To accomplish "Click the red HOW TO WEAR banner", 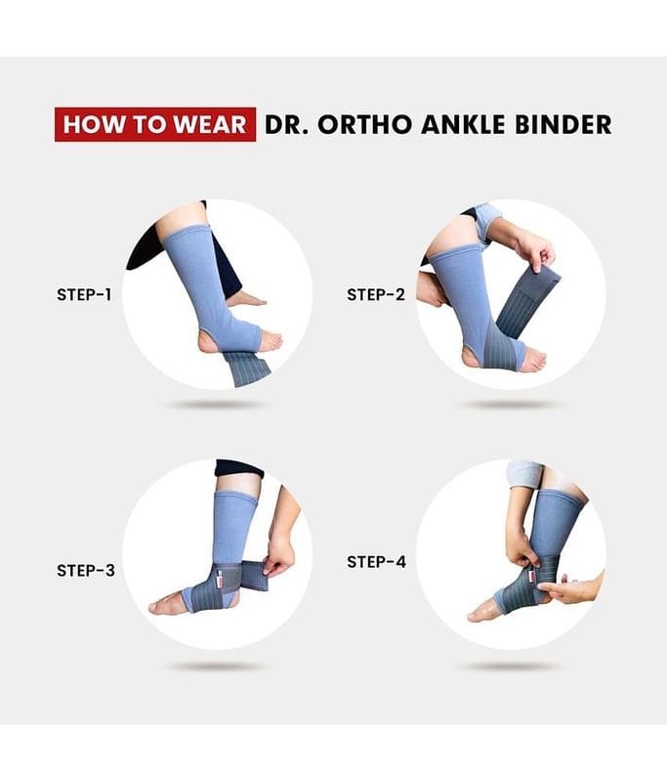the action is (155, 124).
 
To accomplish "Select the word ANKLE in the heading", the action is (463, 125).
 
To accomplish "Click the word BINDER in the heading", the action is (563, 125).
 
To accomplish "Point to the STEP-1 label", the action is (84, 295).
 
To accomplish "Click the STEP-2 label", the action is (376, 295).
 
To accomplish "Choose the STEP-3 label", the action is (86, 570).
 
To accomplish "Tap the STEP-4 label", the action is (376, 562).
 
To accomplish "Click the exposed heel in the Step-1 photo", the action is (207, 342).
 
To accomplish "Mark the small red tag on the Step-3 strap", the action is (220, 581).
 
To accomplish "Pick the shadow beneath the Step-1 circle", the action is (215, 405).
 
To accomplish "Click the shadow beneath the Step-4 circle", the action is (510, 666).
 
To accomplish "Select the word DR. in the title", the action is (286, 125).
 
